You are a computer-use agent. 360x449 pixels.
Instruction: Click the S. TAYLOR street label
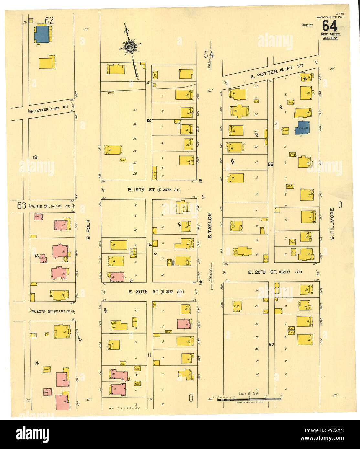(x=210, y=226)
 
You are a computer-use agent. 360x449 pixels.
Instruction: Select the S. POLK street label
(x=88, y=230)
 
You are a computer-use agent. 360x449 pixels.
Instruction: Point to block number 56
(x=270, y=164)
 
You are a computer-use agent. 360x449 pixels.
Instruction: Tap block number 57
(x=271, y=345)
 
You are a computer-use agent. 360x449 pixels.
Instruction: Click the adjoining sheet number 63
(x=22, y=206)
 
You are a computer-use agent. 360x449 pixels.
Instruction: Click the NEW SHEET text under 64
(x=330, y=34)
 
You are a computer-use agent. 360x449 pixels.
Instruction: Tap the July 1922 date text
(x=330, y=38)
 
